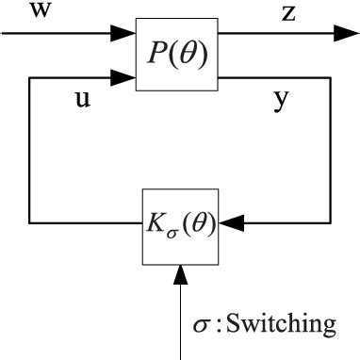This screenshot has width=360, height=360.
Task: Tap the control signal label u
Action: point(82,101)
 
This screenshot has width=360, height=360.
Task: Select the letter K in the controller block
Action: point(152,225)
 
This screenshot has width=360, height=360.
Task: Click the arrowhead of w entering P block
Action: point(125,33)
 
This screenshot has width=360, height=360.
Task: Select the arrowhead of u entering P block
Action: point(125,75)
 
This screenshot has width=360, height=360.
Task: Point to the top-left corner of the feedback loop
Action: point(30,75)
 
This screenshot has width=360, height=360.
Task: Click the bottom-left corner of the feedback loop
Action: point(30,223)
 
